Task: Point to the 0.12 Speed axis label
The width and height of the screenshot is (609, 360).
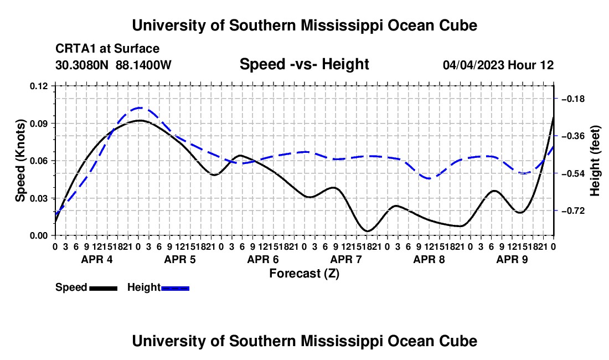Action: click(x=38, y=86)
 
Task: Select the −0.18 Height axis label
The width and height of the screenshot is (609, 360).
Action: click(x=573, y=99)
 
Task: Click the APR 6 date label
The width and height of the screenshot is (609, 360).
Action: click(x=263, y=259)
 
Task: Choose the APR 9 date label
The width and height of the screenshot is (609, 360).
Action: click(x=512, y=259)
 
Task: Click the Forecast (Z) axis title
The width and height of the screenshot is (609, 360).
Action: click(x=304, y=274)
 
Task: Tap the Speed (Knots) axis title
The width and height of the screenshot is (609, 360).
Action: click(x=20, y=161)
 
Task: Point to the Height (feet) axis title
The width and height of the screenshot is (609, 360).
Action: click(x=595, y=161)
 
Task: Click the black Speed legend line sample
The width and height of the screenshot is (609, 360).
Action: click(x=104, y=289)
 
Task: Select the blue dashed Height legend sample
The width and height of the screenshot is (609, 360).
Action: click(x=175, y=289)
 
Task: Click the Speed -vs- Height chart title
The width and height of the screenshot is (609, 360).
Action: click(x=304, y=64)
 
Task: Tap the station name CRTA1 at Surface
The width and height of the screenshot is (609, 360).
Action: click(x=107, y=49)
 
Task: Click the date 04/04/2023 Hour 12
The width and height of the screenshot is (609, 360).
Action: click(x=498, y=65)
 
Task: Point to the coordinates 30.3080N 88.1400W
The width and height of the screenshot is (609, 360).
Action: click(x=113, y=65)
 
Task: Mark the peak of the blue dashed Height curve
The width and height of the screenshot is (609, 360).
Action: click(x=140, y=107)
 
